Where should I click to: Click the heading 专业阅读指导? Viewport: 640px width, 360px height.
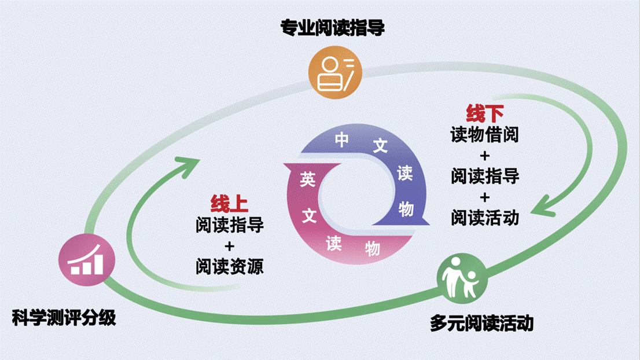click(x=332, y=28)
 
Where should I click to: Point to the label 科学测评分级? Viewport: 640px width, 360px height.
click(x=64, y=317)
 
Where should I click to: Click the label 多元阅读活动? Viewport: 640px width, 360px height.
click(x=481, y=322)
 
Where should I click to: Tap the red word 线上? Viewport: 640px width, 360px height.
click(x=229, y=204)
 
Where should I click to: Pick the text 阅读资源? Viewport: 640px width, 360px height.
click(x=229, y=266)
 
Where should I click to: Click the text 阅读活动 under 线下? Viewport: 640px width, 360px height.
click(x=485, y=216)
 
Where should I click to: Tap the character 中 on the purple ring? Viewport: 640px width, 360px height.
click(x=342, y=140)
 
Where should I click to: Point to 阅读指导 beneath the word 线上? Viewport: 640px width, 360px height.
click(x=229, y=225)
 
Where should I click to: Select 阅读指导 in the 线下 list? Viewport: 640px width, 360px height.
click(x=485, y=175)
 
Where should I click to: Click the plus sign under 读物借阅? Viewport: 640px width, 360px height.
click(x=485, y=155)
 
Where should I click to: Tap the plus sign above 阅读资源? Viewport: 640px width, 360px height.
click(x=229, y=245)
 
